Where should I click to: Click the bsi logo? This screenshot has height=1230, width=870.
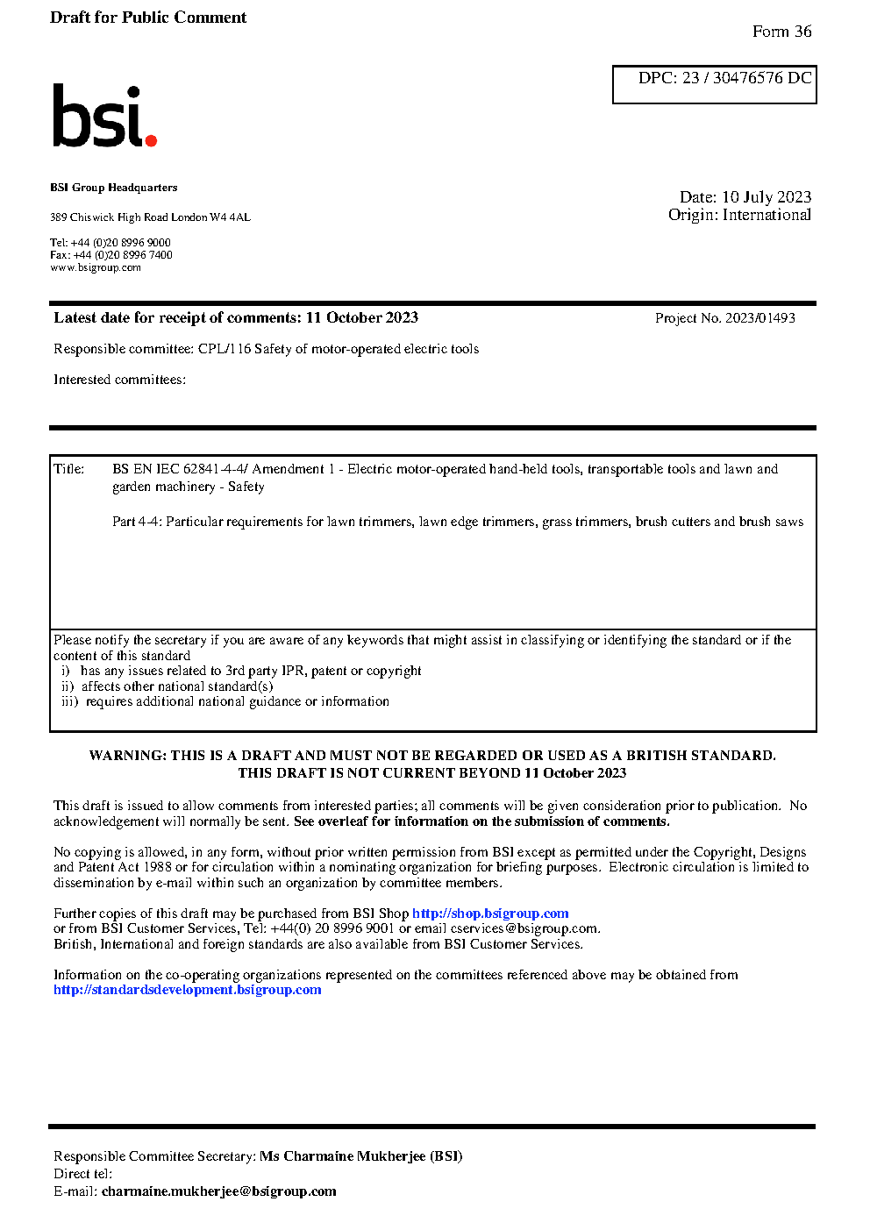pos(103,116)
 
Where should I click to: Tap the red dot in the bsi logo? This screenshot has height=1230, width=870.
pos(151,140)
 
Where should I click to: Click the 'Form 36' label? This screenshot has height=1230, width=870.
pos(781,32)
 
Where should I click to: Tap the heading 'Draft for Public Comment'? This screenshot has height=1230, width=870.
pos(148,18)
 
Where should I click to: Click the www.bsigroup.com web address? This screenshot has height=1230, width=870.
pos(96,267)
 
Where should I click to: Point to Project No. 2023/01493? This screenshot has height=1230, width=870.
pos(724,318)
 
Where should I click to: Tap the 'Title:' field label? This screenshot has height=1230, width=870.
pos(69,469)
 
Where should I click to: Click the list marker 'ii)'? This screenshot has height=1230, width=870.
pos(68,686)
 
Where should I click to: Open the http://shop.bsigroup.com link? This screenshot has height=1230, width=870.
pos(490,914)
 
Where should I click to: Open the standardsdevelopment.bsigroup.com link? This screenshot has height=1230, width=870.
pos(187,990)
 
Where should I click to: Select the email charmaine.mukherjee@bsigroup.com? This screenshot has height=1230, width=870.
pos(218,1191)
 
